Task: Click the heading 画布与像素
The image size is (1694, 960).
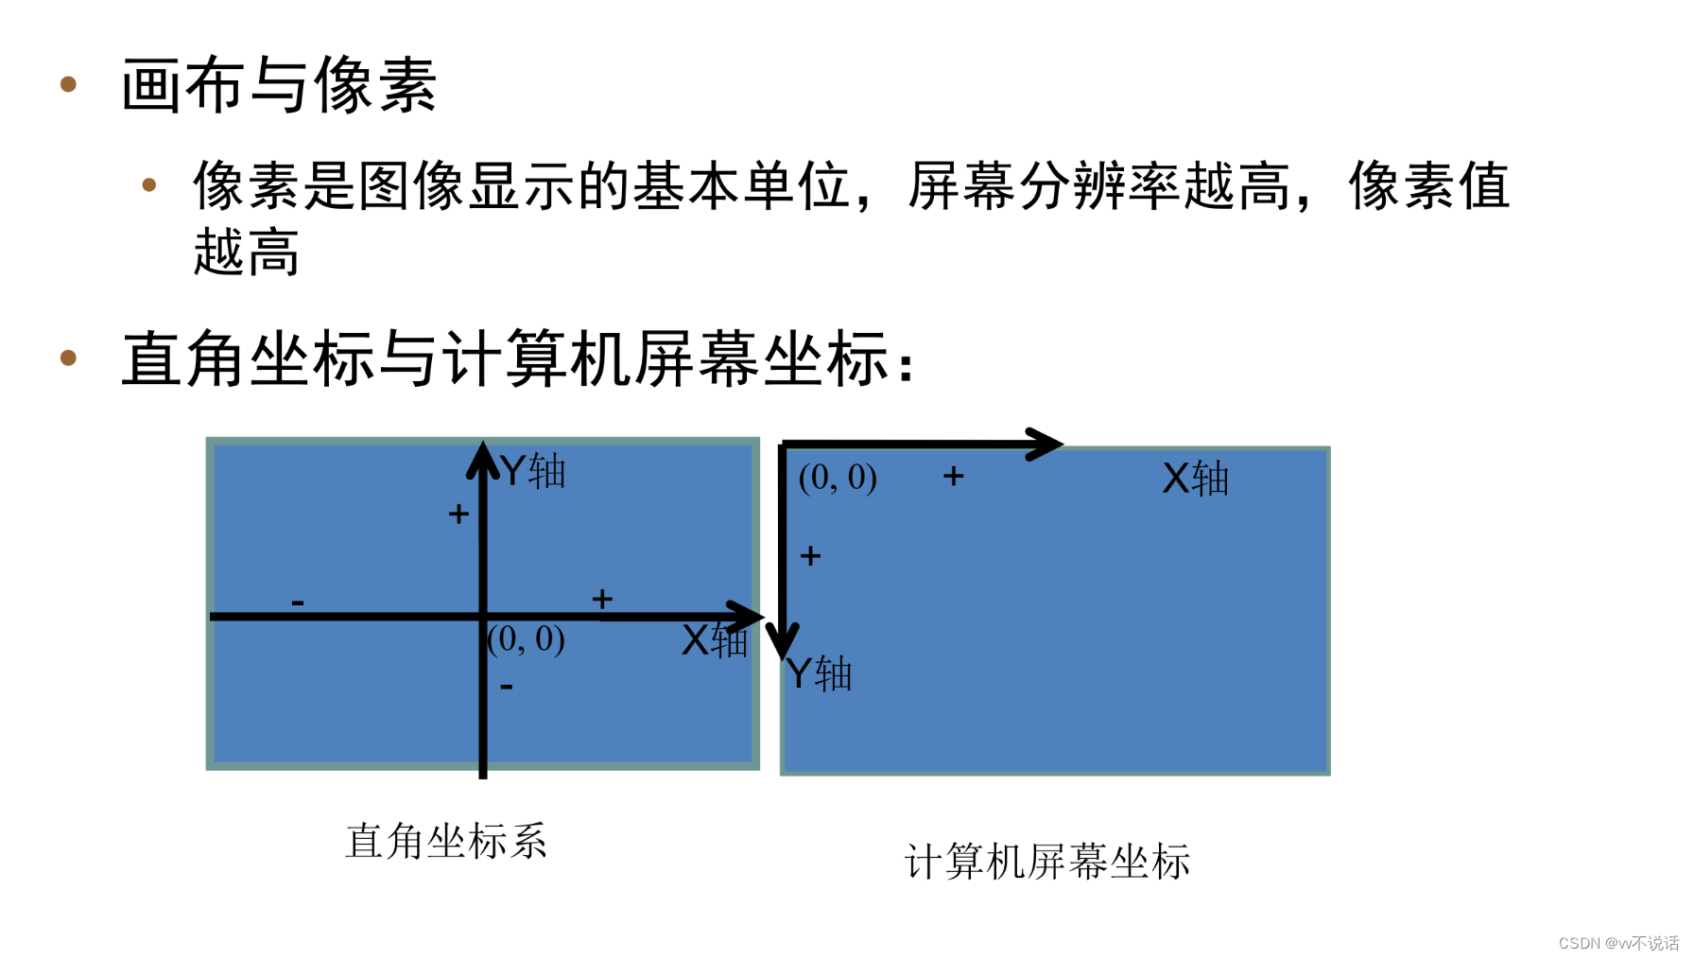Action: pyautogui.click(x=279, y=85)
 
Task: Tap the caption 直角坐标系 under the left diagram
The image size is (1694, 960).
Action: pyautogui.click(x=446, y=841)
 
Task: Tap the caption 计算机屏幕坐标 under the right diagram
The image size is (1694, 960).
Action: pyautogui.click(x=1047, y=862)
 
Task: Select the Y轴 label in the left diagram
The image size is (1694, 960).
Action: pyautogui.click(x=533, y=471)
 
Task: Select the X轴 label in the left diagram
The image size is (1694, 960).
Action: pyautogui.click(x=715, y=641)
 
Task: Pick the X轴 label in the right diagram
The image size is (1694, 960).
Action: pyautogui.click(x=1196, y=479)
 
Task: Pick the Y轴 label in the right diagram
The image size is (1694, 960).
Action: pyautogui.click(x=819, y=674)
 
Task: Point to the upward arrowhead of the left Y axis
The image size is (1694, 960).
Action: pyautogui.click(x=483, y=458)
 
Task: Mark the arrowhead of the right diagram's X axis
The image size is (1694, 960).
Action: pyautogui.click(x=1046, y=444)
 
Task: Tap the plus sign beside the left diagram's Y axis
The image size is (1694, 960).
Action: pyautogui.click(x=458, y=514)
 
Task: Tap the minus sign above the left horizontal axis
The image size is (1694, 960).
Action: pyautogui.click(x=298, y=602)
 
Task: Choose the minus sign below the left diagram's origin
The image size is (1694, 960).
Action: pyautogui.click(x=507, y=687)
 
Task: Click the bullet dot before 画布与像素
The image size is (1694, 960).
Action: pyautogui.click(x=68, y=84)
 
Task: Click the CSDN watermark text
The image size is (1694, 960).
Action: pyautogui.click(x=1618, y=943)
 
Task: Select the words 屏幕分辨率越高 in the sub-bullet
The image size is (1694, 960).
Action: pyautogui.click(x=1098, y=185)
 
